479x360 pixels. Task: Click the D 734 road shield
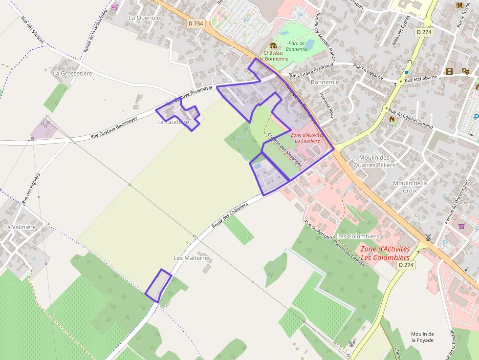click(196, 23)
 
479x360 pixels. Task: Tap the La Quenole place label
click(144, 18)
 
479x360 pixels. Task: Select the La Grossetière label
click(72, 73)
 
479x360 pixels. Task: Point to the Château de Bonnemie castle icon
click(273, 46)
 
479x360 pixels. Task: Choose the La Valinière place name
click(21, 227)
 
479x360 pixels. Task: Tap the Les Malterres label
click(192, 258)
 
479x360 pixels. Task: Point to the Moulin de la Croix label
click(410, 187)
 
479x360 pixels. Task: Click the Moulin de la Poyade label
click(422, 337)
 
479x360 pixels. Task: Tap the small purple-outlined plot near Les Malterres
click(158, 286)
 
